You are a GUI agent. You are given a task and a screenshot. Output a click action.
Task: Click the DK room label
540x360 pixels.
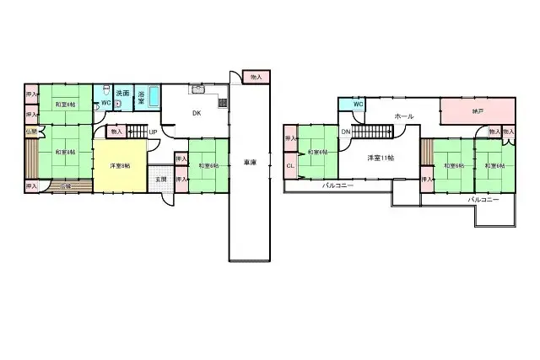tap(195, 112)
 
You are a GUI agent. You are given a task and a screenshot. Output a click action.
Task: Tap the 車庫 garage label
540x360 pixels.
tap(250, 162)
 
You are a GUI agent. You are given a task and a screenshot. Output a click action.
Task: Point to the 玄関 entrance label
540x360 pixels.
tap(160, 179)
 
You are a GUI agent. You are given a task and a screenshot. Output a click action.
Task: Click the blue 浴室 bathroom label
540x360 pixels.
tap(143, 97)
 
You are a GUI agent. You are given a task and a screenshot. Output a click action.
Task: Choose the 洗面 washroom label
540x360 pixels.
tap(122, 93)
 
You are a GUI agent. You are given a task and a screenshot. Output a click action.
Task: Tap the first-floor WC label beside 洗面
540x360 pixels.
tap(105, 104)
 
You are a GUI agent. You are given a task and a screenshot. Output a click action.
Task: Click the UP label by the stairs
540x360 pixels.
tap(153, 132)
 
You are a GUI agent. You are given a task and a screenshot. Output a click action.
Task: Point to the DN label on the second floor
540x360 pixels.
tap(346, 132)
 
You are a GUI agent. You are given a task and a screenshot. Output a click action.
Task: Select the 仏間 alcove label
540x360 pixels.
tap(30, 132)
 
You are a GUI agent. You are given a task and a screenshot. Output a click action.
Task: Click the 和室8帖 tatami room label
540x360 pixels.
tap(64, 153)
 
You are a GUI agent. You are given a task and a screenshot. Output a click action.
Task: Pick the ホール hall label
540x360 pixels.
tap(403, 116)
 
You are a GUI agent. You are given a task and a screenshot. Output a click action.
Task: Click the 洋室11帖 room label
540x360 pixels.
tap(381, 158)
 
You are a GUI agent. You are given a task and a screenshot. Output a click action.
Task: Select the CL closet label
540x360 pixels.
tap(290, 165)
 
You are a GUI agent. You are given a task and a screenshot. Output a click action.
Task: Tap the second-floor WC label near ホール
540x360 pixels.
tap(358, 105)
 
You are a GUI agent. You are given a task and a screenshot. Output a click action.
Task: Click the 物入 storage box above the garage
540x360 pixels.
tap(256, 78)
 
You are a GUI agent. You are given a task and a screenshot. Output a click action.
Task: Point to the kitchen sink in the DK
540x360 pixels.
tap(199, 90)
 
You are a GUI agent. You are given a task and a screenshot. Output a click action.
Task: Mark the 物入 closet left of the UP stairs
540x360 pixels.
tap(116, 132)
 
